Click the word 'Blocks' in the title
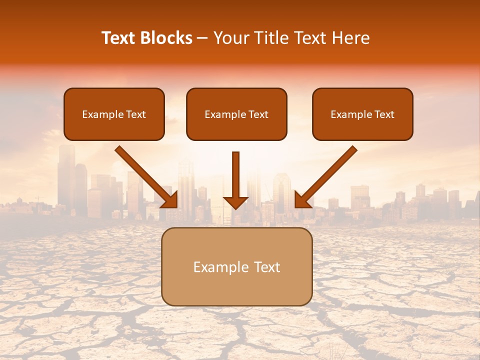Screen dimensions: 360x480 point(166,38)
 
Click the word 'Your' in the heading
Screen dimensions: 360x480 point(231,38)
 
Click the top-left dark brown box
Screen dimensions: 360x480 point(114,130)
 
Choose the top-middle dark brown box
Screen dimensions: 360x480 point(236,130)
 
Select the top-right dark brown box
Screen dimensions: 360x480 point(362,130)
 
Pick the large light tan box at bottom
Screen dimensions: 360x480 point(236,290)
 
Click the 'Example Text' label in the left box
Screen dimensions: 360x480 point(114,114)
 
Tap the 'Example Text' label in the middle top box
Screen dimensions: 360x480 point(236,114)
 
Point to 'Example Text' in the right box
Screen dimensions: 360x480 point(362,114)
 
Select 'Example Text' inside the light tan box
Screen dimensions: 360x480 point(236,267)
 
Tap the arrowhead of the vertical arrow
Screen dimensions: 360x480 point(235,202)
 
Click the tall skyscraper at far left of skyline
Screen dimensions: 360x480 point(66,175)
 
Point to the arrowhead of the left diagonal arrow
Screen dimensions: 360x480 point(170,199)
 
